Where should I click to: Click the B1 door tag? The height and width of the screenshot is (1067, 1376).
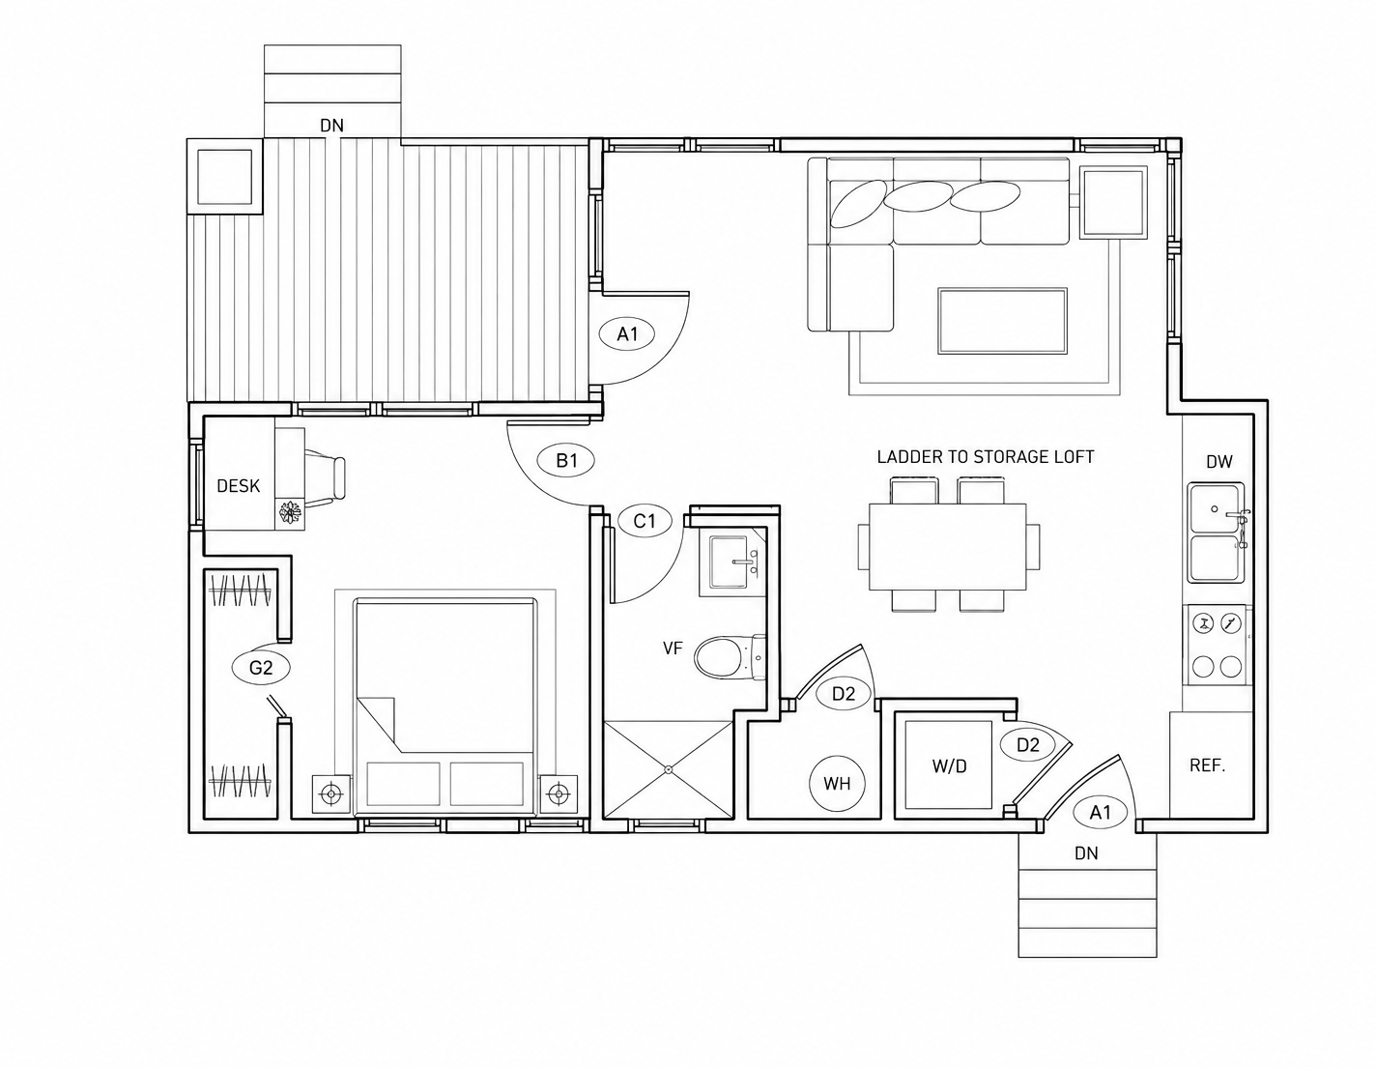click(565, 460)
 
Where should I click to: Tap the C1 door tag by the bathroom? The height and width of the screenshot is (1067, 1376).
click(644, 521)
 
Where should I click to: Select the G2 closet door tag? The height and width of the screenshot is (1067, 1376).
click(261, 667)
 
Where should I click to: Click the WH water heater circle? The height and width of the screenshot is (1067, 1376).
click(837, 783)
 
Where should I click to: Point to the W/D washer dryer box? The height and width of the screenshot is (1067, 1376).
click(949, 764)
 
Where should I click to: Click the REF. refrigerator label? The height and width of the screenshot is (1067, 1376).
click(1208, 765)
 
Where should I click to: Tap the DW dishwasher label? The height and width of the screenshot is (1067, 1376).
click(1218, 462)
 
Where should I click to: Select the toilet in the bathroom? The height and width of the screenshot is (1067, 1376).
click(730, 657)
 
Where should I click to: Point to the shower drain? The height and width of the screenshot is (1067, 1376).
click(668, 769)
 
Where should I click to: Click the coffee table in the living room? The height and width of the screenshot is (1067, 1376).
click(1002, 321)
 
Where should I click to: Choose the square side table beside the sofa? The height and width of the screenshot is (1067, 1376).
click(1113, 202)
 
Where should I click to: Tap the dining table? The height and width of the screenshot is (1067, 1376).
click(947, 546)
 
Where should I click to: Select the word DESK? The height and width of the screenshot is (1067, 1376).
click(238, 486)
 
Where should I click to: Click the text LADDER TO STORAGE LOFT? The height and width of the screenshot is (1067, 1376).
click(986, 456)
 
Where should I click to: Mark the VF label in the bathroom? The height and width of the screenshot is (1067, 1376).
click(673, 648)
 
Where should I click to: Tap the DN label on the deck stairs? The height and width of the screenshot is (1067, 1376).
click(331, 126)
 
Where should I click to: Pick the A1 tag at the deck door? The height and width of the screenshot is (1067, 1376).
click(627, 333)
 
